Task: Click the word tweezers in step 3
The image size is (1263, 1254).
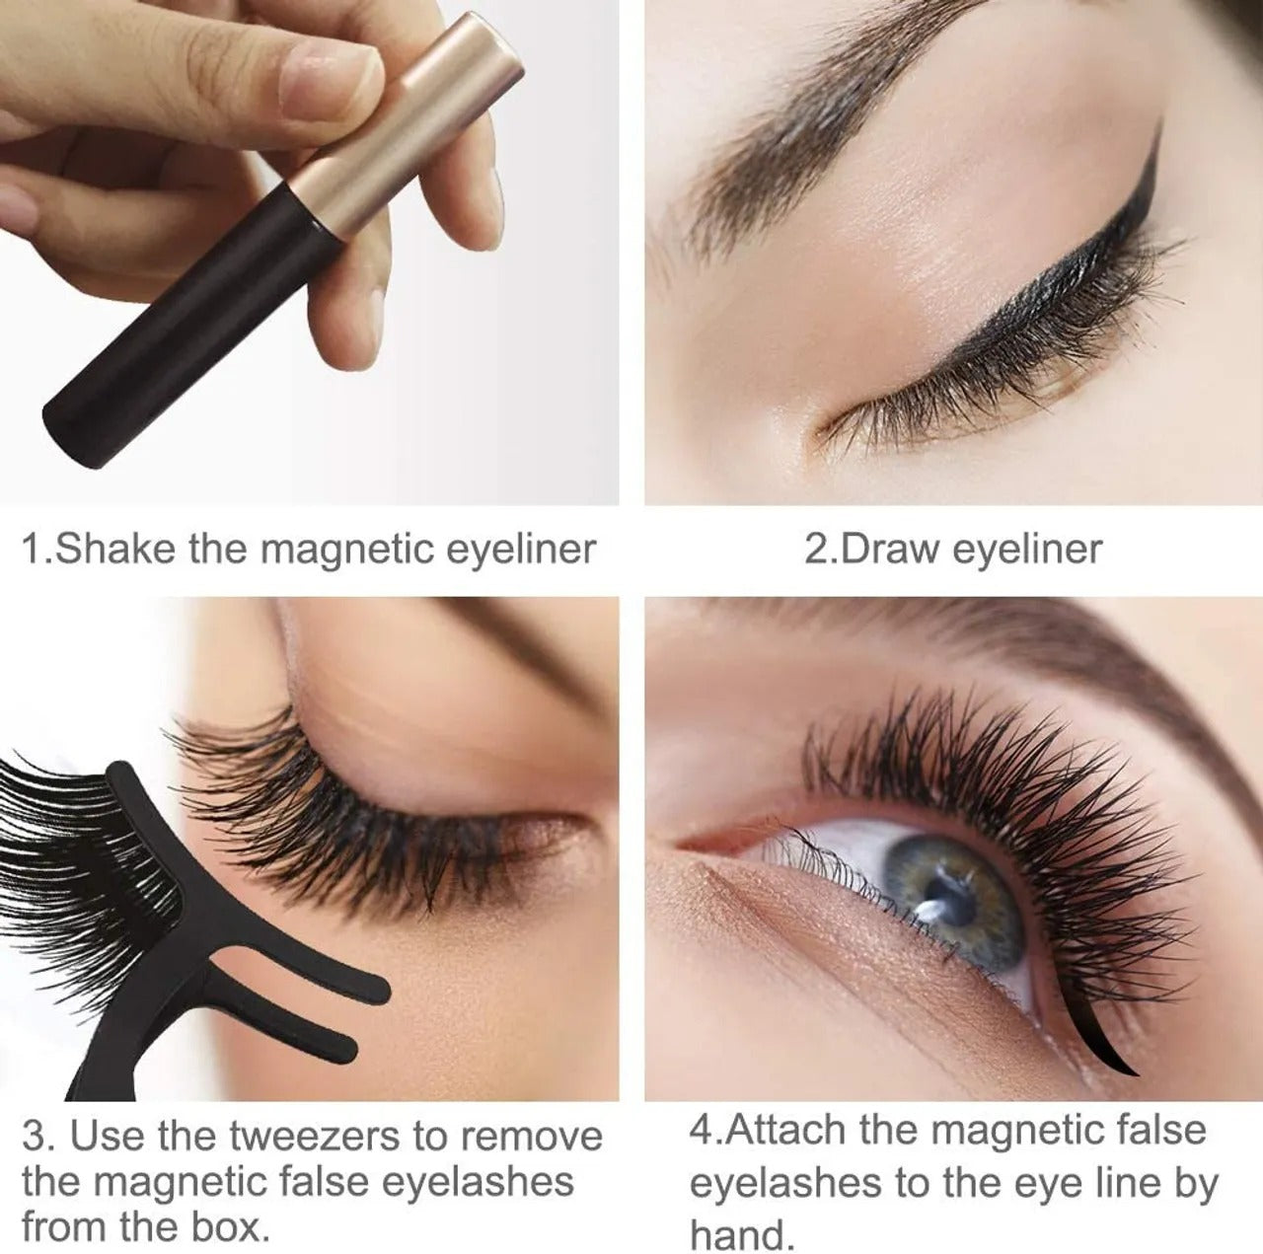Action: (316, 1137)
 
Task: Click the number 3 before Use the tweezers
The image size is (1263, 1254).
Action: (34, 1137)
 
